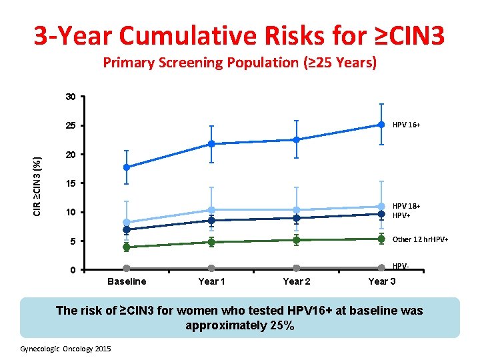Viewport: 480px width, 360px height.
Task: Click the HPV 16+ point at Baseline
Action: tap(127, 167)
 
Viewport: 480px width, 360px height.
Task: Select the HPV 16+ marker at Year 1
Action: tap(211, 144)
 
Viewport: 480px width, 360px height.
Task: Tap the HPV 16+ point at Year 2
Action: tap(296, 140)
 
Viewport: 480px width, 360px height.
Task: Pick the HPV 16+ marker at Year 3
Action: tap(381, 125)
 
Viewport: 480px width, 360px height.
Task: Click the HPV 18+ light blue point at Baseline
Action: tap(127, 223)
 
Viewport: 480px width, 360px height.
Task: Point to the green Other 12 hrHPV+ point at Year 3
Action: tap(381, 239)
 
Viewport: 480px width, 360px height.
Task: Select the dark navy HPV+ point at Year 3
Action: tap(381, 214)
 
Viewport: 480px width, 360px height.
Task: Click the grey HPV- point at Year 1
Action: tap(211, 268)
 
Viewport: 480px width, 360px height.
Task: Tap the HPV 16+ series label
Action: tap(406, 125)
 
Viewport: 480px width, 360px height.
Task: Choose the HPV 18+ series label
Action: tap(406, 206)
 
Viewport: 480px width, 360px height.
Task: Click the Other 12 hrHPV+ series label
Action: tap(420, 239)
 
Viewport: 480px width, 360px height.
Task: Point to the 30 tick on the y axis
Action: tap(71, 97)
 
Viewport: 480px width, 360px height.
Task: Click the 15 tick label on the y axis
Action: tap(71, 183)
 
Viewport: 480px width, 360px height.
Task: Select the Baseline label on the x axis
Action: tap(127, 281)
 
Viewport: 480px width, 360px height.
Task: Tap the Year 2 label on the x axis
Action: tap(296, 281)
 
